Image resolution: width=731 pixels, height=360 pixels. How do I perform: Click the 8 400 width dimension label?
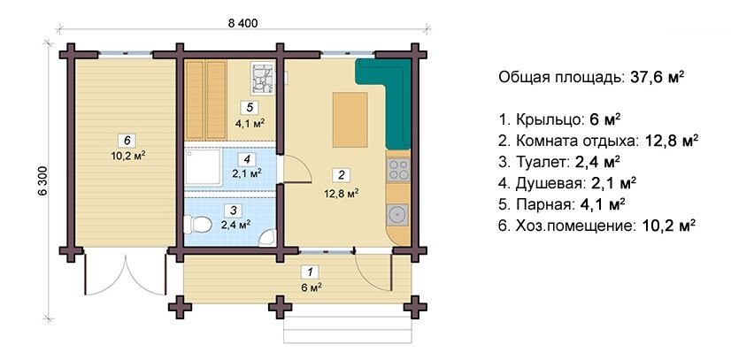click(241, 24)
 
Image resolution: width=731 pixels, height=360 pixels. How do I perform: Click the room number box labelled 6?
click(128, 140)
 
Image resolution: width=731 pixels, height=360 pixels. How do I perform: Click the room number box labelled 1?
click(308, 272)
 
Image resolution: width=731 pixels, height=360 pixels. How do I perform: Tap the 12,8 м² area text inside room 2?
click(340, 191)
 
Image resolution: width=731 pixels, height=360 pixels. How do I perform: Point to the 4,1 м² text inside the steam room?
click(250, 124)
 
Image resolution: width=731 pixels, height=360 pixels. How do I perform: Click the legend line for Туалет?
click(559, 161)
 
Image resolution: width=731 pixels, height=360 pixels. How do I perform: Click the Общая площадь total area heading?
click(591, 77)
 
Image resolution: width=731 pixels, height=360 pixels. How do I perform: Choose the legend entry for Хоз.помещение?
click(597, 225)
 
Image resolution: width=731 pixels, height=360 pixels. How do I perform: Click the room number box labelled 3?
click(231, 210)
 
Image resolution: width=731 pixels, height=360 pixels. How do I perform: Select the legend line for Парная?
click(562, 203)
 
